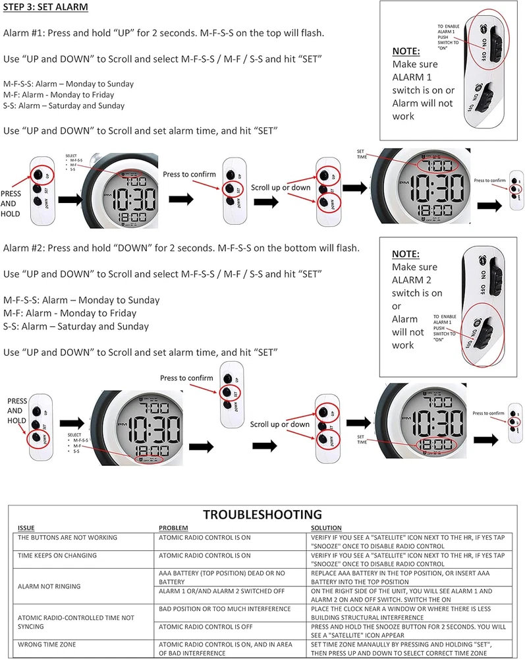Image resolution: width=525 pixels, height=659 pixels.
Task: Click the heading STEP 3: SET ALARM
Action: click(46, 8)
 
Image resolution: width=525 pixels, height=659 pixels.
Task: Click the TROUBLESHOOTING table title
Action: click(262, 515)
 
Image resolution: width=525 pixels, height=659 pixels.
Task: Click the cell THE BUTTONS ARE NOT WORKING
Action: click(68, 538)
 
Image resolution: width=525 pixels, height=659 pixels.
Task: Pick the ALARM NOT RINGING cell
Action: click(49, 586)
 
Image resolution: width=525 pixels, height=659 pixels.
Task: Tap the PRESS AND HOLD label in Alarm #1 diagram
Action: click(13, 204)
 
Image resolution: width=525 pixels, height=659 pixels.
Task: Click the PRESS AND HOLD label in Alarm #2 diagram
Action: click(17, 411)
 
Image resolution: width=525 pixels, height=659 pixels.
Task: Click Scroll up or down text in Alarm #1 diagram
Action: click(280, 188)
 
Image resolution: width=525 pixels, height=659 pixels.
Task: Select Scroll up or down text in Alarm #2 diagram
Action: click(280, 424)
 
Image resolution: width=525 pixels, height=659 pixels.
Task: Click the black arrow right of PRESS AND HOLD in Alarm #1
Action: click(72, 199)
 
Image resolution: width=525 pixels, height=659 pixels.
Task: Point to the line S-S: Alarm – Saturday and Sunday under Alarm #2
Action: click(76, 326)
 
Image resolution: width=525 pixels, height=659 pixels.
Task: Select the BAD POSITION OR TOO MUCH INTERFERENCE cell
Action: click(225, 608)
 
